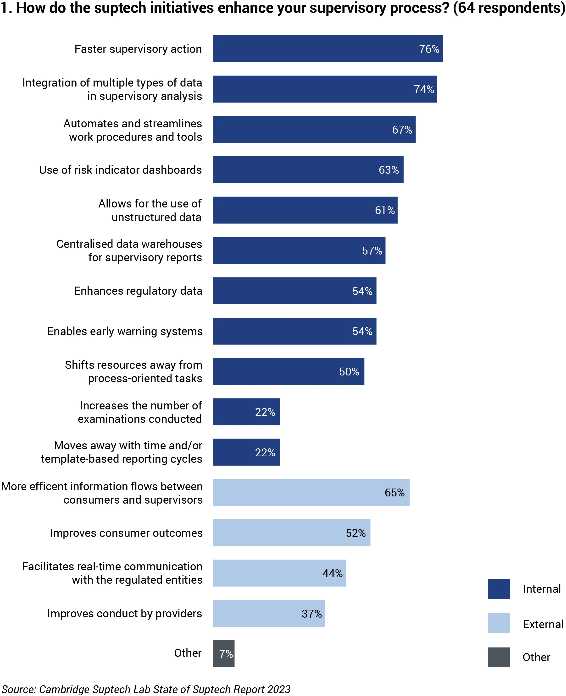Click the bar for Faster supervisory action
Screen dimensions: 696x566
click(328, 49)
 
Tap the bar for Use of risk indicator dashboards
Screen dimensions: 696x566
click(308, 170)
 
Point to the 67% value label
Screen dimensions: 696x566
click(402, 130)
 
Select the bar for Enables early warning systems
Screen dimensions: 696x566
click(294, 331)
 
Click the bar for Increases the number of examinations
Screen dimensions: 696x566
click(246, 412)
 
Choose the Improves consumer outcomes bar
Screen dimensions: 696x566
click(291, 533)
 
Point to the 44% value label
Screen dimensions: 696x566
click(332, 573)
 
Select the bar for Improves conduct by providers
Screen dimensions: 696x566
click(269, 614)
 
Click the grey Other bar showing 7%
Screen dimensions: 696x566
click(224, 654)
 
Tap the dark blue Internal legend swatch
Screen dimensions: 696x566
click(499, 589)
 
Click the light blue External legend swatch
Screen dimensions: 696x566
click(499, 623)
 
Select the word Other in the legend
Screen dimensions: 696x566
click(536, 657)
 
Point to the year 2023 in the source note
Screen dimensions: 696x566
click(278, 689)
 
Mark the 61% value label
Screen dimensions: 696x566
click(384, 210)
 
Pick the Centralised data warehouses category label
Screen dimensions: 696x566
click(129, 250)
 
